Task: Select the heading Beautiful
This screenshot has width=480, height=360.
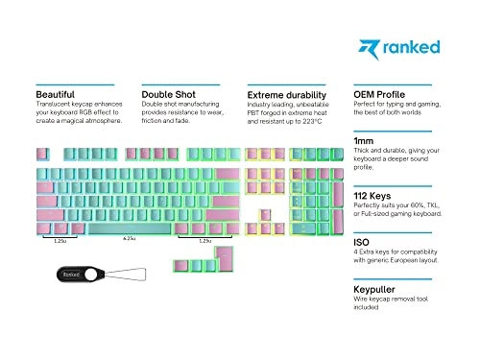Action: click(x=56, y=95)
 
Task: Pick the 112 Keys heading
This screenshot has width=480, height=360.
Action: click(x=375, y=195)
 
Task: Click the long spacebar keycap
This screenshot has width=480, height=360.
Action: click(x=129, y=229)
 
